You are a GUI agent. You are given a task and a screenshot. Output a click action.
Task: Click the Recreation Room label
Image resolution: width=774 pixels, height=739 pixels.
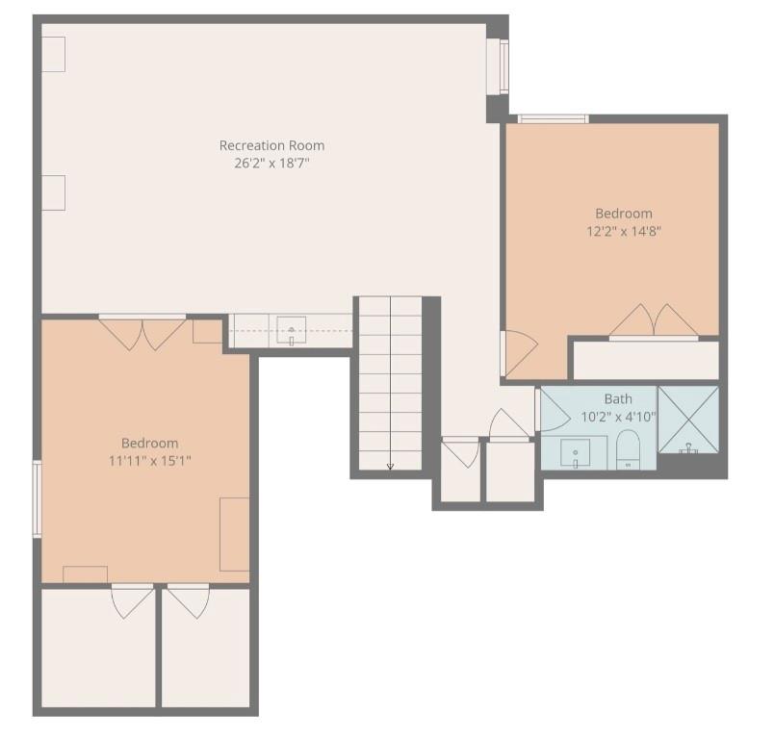271,145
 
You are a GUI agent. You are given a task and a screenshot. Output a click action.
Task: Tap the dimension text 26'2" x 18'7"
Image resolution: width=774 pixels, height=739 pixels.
271,164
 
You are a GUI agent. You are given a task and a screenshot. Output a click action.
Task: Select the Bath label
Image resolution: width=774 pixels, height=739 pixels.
618,398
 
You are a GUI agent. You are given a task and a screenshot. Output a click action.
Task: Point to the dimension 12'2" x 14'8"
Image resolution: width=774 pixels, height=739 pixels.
624,231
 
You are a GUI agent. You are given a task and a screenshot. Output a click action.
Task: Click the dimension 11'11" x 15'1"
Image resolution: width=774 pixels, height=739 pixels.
149,461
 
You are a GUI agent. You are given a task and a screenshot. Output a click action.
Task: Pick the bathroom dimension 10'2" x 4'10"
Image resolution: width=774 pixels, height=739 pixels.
618,418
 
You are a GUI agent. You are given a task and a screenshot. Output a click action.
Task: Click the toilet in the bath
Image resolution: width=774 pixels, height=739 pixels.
629,449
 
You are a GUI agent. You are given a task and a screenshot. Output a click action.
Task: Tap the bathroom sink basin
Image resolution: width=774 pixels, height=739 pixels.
575,454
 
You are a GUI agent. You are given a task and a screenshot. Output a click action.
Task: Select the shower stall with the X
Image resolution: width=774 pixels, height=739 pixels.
688,420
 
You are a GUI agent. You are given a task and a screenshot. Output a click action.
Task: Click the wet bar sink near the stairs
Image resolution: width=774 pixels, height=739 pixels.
292,330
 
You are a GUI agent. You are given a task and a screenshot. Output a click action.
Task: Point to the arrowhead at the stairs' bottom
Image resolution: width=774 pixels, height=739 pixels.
390,466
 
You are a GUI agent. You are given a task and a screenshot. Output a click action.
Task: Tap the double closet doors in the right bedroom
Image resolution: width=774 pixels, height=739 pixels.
654,320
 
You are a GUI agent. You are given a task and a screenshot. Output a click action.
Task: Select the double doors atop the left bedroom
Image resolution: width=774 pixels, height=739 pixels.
142,334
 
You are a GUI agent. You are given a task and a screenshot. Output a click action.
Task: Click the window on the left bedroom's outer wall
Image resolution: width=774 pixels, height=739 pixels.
37,498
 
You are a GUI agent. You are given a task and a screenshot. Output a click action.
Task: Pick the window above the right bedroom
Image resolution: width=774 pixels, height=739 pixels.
554,119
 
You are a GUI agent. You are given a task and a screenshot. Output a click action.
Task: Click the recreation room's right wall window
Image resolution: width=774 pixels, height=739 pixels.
499,66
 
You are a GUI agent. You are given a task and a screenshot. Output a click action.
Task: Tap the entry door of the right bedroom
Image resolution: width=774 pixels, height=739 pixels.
519,354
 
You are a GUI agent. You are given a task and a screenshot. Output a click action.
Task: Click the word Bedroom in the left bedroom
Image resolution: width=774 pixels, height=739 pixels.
149,443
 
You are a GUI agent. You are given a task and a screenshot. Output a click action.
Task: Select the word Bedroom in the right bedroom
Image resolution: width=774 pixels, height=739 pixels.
624,213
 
